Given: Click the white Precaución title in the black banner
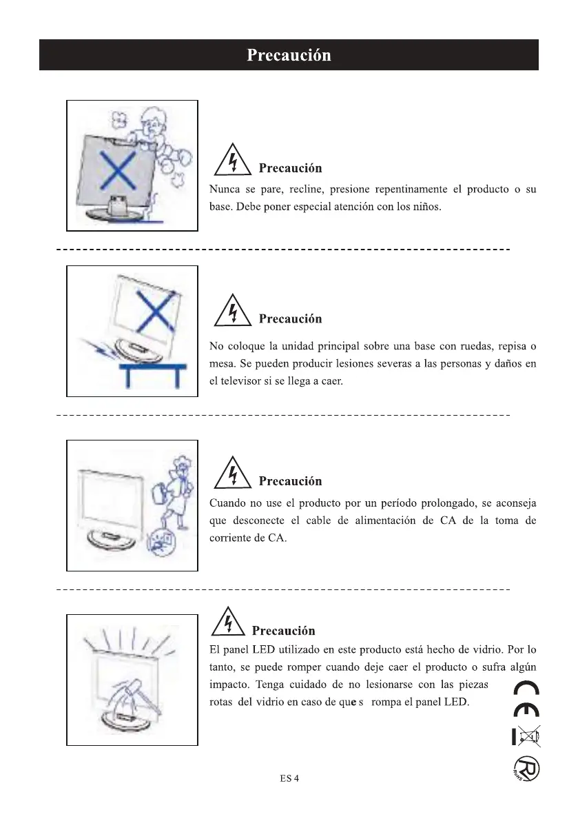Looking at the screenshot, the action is tap(289, 55).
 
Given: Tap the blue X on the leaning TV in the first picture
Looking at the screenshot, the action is tap(118, 171).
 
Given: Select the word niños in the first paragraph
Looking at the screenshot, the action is tap(426, 207).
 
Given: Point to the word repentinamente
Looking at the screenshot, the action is tap(411, 190).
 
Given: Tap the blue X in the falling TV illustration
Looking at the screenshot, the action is tap(156, 310).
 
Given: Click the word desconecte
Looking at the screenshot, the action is tap(258, 520).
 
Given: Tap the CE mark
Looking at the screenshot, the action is tap(527, 699).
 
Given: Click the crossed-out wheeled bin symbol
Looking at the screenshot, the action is tap(527, 736).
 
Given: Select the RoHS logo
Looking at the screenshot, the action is tap(526, 769).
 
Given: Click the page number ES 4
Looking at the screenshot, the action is tap(289, 778).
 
